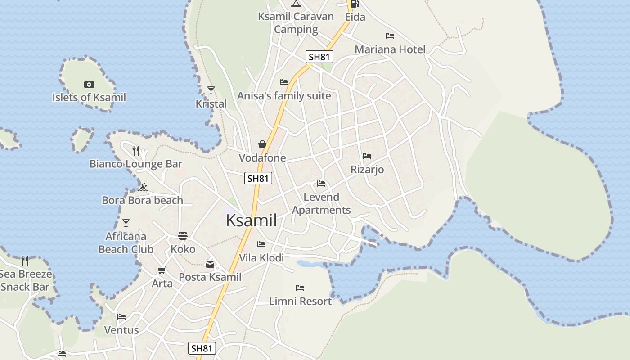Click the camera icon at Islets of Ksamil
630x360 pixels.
point(89,84)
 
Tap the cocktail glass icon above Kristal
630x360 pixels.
point(211,90)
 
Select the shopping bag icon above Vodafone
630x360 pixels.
point(262,144)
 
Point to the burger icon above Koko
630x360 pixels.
point(183,235)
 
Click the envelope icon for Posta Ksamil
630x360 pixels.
point(210,264)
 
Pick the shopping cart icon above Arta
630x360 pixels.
point(162,270)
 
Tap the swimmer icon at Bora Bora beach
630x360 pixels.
point(143,187)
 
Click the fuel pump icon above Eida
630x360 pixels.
point(355,4)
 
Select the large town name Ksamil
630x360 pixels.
point(251,220)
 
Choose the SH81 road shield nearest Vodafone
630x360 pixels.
point(258,178)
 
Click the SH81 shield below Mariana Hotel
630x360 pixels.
point(319,57)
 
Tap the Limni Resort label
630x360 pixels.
point(300,301)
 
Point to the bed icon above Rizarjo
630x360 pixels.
point(367,156)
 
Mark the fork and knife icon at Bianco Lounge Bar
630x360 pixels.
point(136,150)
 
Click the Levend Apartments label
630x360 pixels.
point(321,203)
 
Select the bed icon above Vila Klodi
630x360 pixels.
point(261,244)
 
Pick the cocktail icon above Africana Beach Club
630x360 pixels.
point(126,223)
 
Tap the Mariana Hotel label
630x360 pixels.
point(390,49)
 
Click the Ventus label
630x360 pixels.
point(121,330)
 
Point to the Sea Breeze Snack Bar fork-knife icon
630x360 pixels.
point(25,260)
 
